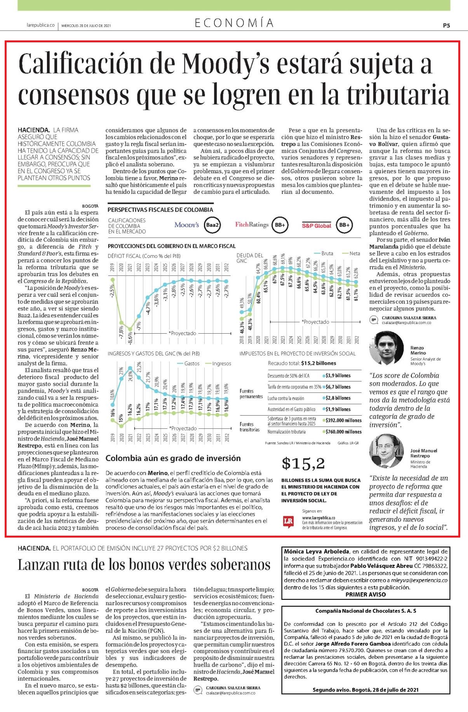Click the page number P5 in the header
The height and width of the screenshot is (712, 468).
[446, 25]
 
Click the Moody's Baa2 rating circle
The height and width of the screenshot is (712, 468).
[212, 225]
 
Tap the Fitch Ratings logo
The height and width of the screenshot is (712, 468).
[252, 225]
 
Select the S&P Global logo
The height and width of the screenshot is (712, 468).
[317, 225]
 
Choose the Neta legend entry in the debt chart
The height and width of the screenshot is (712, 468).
[351, 253]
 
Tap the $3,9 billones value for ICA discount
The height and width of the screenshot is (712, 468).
[336, 376]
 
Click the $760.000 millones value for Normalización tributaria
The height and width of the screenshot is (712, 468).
[342, 432]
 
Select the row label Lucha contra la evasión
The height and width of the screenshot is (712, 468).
[286, 398]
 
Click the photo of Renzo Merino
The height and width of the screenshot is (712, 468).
[386, 347]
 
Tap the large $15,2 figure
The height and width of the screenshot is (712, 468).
[303, 463]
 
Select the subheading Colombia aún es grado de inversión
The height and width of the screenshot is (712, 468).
[173, 458]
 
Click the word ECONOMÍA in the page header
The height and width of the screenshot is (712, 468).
[234, 23]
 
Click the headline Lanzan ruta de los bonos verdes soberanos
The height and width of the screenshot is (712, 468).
[144, 564]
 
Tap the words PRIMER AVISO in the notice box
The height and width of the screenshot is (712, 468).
[365, 594]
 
